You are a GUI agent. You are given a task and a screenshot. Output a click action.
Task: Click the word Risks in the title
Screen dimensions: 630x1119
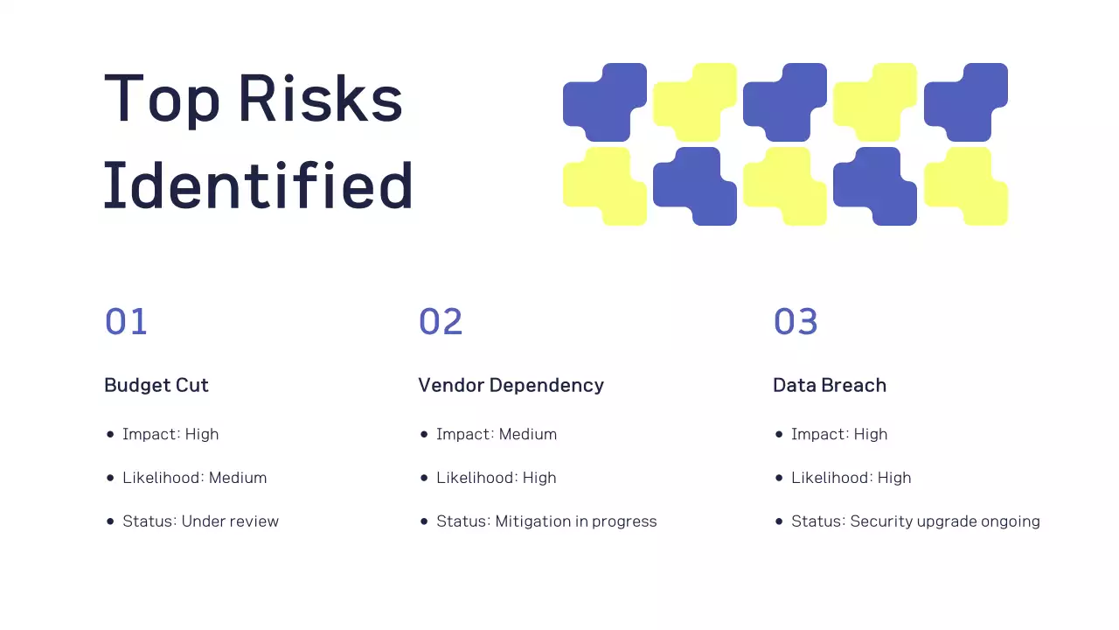point(320,98)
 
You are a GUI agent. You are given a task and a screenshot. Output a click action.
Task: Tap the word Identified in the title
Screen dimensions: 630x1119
point(258,185)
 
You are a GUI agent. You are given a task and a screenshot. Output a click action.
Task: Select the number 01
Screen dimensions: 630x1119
point(126,322)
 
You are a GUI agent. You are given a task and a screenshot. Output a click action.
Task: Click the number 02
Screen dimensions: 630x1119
point(440,322)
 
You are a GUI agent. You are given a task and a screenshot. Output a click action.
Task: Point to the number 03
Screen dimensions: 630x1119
point(795,322)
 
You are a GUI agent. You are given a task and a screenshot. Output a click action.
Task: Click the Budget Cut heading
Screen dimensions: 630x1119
point(156,385)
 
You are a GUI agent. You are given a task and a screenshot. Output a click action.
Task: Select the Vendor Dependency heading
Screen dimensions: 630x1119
point(511,385)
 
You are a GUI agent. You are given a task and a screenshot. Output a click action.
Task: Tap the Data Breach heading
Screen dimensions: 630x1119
point(829,385)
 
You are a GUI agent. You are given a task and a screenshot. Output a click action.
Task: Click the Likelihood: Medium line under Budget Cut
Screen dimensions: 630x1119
point(194,478)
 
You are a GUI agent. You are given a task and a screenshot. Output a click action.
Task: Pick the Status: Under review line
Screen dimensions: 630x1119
point(200,521)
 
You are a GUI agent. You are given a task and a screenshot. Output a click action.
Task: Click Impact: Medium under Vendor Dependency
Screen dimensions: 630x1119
point(496,434)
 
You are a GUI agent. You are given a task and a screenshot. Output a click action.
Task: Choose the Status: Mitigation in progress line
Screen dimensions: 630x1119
point(546,521)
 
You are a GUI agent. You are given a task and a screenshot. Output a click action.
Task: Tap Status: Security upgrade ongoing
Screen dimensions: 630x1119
point(915,521)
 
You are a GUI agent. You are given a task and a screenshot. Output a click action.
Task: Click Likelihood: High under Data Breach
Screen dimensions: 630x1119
point(851,478)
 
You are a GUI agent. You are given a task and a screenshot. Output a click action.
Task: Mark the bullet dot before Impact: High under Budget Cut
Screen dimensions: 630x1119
point(110,434)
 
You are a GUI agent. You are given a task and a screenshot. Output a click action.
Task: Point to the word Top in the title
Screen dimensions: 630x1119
point(162,98)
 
